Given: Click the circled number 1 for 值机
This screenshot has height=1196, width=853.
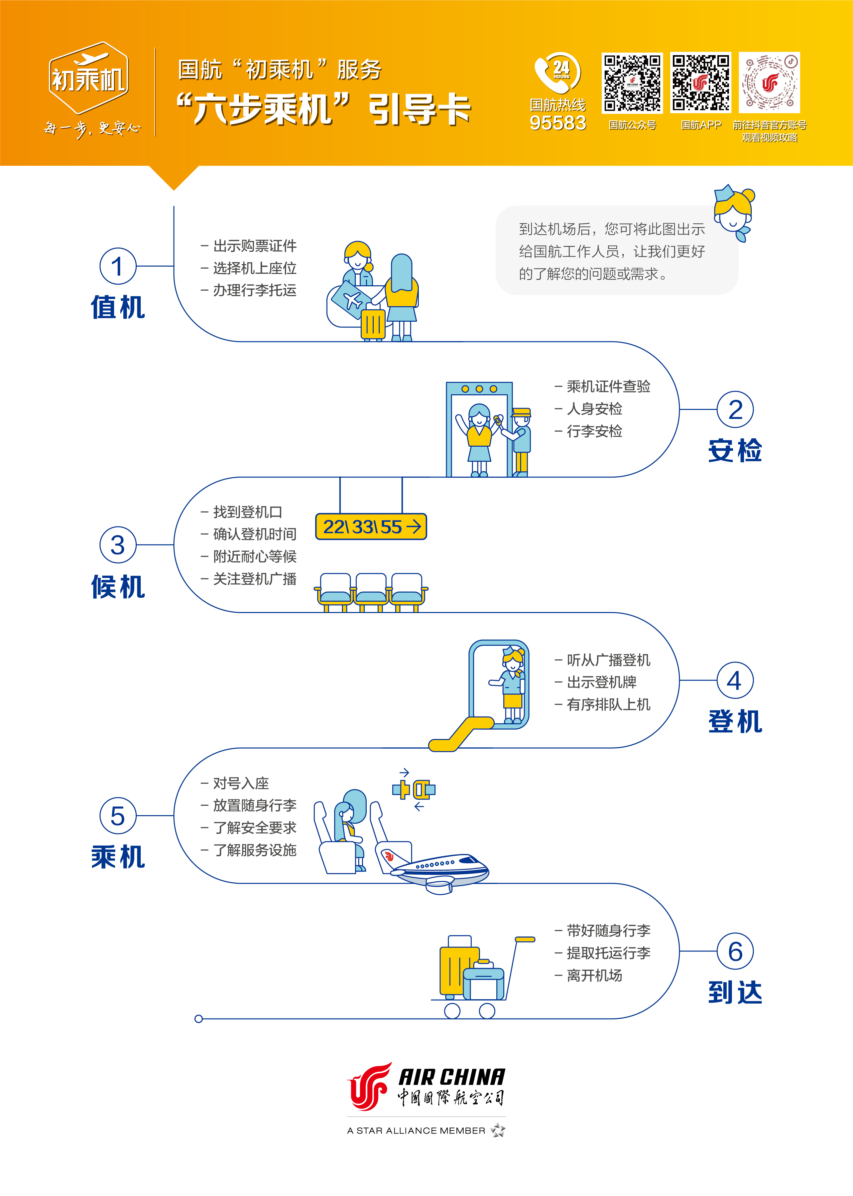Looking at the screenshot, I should coord(118,266).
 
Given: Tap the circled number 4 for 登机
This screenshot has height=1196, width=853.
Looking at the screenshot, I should coord(735,681).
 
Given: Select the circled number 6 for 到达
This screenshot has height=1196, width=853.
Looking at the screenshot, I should coord(735,951).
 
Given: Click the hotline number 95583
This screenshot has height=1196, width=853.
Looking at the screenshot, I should coord(558,123).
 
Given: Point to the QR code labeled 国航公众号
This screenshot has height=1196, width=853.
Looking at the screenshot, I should coord(632,83).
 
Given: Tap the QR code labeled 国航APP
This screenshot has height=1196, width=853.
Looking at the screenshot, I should coord(700,83).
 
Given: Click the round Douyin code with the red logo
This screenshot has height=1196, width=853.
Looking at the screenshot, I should coord(769,83).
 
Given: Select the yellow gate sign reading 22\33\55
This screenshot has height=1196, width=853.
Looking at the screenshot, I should coord(371,527).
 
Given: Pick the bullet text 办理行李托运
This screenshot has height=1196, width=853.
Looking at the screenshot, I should coord(254,290).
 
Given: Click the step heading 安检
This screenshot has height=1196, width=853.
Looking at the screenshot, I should coord(735,450).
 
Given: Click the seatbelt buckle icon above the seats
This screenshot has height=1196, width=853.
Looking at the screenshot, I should coord(414,790).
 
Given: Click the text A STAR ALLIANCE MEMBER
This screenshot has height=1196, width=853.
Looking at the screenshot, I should coord(416,1131).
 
